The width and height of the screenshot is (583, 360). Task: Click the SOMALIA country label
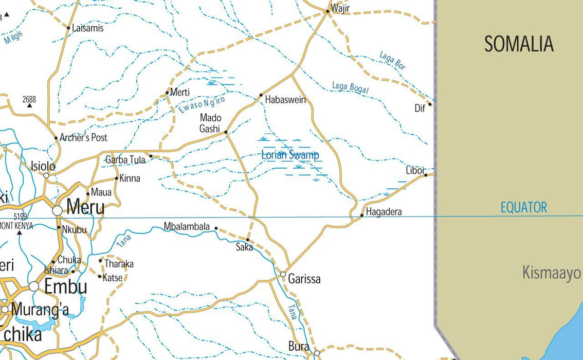pyautogui.click(x=519, y=44)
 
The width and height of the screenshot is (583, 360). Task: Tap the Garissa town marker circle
pyautogui.click(x=283, y=274)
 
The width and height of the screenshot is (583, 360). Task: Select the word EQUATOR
pyautogui.click(x=524, y=208)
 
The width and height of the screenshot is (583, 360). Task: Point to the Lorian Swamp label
pyautogui.click(x=290, y=155)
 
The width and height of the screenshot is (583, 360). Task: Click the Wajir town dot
pyautogui.click(x=327, y=11)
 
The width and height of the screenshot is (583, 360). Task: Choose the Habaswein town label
pyautogui.click(x=285, y=100)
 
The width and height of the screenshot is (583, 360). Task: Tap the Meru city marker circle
pyautogui.click(x=57, y=210)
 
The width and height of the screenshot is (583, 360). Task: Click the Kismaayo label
pyautogui.click(x=551, y=273)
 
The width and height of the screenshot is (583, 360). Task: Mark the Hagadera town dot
pyautogui.click(x=362, y=215)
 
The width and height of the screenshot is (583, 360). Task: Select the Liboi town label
pyautogui.click(x=415, y=171)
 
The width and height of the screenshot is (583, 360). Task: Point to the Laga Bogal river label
pyautogui.click(x=351, y=88)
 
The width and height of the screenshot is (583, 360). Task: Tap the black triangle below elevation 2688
pyautogui.click(x=29, y=105)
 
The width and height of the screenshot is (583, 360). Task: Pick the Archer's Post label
pyautogui.click(x=83, y=138)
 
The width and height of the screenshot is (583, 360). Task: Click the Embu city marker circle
pyautogui.click(x=34, y=286)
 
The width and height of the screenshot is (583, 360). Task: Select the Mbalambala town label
pyautogui.click(x=187, y=226)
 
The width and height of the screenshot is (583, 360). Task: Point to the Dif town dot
pyautogui.click(x=430, y=104)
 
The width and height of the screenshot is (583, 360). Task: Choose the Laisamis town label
pyautogui.click(x=87, y=28)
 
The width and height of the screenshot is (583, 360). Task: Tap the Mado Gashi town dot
pyautogui.click(x=226, y=132)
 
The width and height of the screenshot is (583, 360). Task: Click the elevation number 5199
pyautogui.click(x=21, y=217)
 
